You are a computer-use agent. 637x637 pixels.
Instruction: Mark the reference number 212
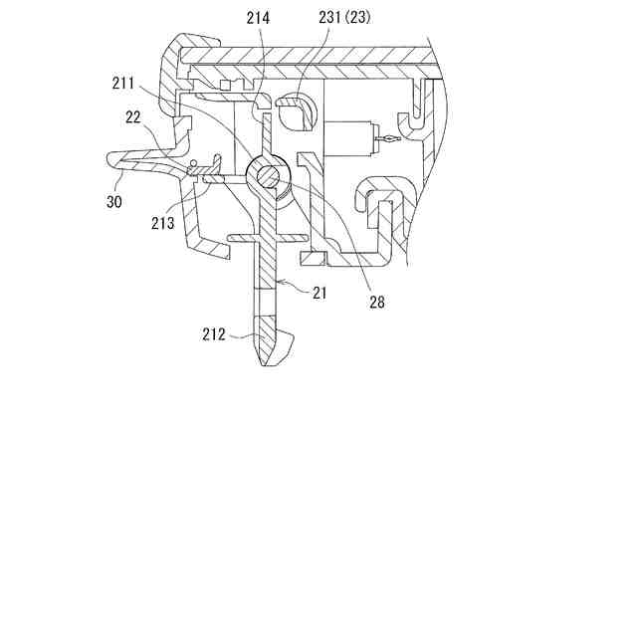212,334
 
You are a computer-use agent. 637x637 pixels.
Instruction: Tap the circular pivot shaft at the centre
270,177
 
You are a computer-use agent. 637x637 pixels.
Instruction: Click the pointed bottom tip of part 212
264,365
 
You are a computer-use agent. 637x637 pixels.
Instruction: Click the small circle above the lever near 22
192,162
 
